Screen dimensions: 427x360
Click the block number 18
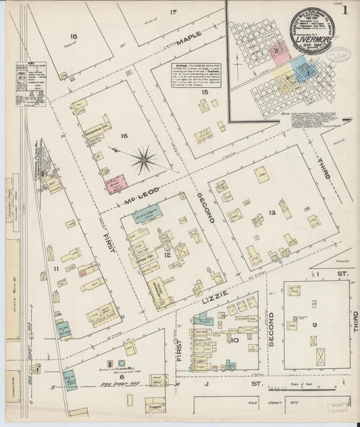coord(73,36)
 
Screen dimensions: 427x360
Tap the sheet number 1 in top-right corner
coord(345,10)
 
